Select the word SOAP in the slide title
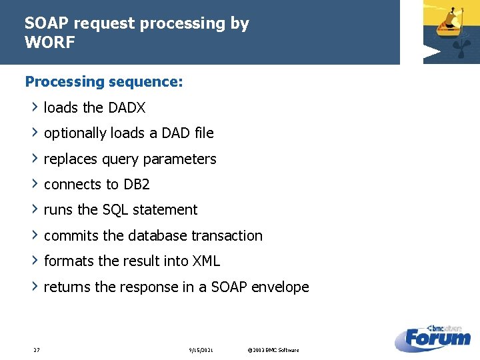tap(47, 23)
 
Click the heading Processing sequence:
tap(103, 82)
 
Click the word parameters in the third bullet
tap(184, 159)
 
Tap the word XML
tap(206, 261)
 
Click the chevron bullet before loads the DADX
tap(35, 107)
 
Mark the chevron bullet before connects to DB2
tap(35, 184)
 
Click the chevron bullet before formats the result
tap(35, 261)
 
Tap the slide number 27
tap(36, 350)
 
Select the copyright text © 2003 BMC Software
tap(273, 350)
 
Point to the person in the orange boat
tap(455, 17)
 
